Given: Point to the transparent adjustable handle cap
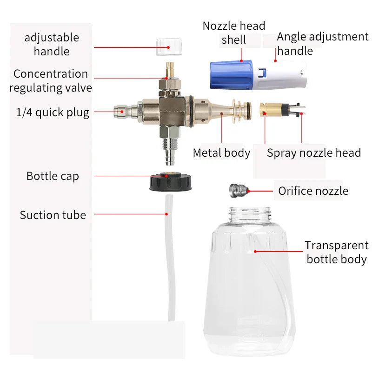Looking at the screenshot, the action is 169,47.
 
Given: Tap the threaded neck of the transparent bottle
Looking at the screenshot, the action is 250,214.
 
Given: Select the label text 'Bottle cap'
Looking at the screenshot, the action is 53,176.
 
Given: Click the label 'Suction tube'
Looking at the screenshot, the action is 53,215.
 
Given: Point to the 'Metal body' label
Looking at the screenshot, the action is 222,153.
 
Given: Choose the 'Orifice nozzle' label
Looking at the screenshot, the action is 313,191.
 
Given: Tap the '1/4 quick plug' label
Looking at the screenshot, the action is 53,112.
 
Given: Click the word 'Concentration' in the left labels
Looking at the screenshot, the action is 51,74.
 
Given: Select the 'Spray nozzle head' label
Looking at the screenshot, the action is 314,153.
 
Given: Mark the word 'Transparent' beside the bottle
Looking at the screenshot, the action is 337,246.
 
